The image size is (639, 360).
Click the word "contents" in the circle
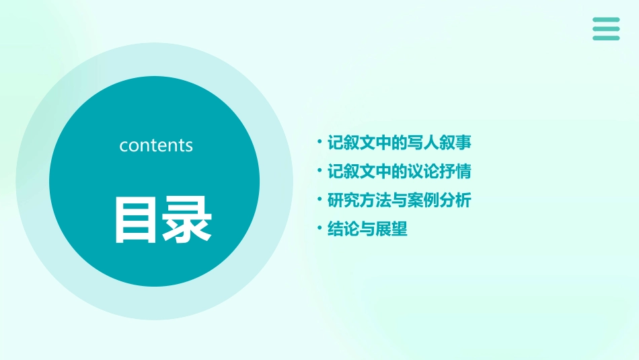[x=156, y=145]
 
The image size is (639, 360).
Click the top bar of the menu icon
[x=606, y=20]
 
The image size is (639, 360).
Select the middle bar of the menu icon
[x=606, y=28]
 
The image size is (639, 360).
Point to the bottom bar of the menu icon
[x=606, y=38]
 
